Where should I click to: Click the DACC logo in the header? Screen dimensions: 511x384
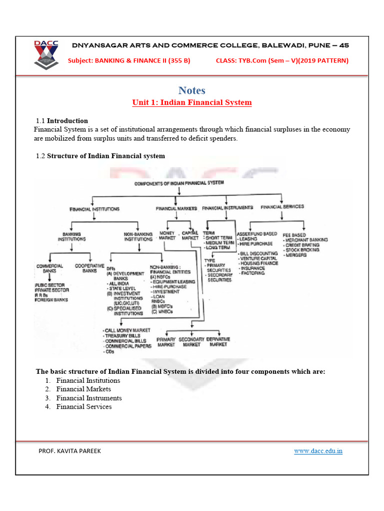click(x=46, y=54)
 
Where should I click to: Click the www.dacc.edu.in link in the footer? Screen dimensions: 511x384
click(x=318, y=451)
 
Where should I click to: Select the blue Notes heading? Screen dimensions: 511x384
click(x=192, y=90)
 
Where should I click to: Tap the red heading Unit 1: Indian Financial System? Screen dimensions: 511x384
click(x=192, y=103)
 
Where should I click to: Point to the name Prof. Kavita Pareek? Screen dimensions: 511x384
click(x=69, y=451)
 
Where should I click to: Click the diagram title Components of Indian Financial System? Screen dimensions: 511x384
click(x=179, y=183)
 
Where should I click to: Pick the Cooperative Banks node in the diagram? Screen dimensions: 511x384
click(x=89, y=268)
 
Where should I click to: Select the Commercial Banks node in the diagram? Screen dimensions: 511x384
click(x=49, y=268)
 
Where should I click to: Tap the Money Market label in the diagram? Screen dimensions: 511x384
click(x=166, y=236)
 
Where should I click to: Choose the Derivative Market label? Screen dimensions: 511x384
click(x=218, y=342)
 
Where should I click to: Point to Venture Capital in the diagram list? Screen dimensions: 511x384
click(x=258, y=258)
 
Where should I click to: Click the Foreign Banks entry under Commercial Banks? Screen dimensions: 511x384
click(x=52, y=300)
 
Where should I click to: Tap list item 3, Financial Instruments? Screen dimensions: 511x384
click(x=88, y=398)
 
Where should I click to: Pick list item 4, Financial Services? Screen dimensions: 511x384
click(x=83, y=407)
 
